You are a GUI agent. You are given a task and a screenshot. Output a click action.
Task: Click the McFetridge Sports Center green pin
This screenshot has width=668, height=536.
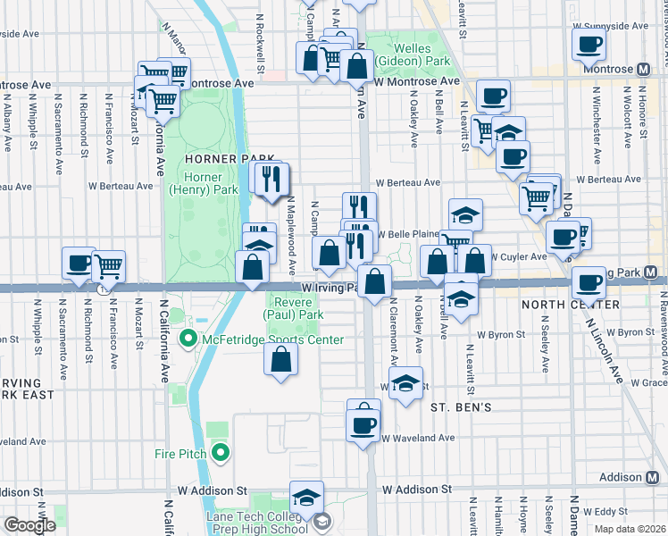coord(188,339)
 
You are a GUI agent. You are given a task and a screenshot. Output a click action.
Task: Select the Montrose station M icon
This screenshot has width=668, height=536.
coord(644,69)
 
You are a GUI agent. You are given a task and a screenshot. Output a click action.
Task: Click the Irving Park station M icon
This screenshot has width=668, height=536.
coord(651,272)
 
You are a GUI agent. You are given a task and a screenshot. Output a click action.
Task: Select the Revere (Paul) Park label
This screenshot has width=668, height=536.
coord(293,308)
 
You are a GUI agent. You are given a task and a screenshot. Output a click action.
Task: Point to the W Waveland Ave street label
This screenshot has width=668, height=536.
coord(418,439)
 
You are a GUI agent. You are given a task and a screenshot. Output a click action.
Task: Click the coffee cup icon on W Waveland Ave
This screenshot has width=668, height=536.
coord(363,424)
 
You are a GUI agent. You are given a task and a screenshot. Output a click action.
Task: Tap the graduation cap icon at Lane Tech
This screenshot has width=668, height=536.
coord(306,498)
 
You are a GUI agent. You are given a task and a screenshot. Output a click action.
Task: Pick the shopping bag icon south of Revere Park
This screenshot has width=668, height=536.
coord(280,360)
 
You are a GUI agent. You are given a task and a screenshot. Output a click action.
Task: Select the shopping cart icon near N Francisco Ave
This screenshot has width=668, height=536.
coord(109,264)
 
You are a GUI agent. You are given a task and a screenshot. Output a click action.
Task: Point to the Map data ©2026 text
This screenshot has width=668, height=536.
coord(630,529)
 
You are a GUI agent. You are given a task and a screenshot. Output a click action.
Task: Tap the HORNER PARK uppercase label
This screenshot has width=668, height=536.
coord(217,158)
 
